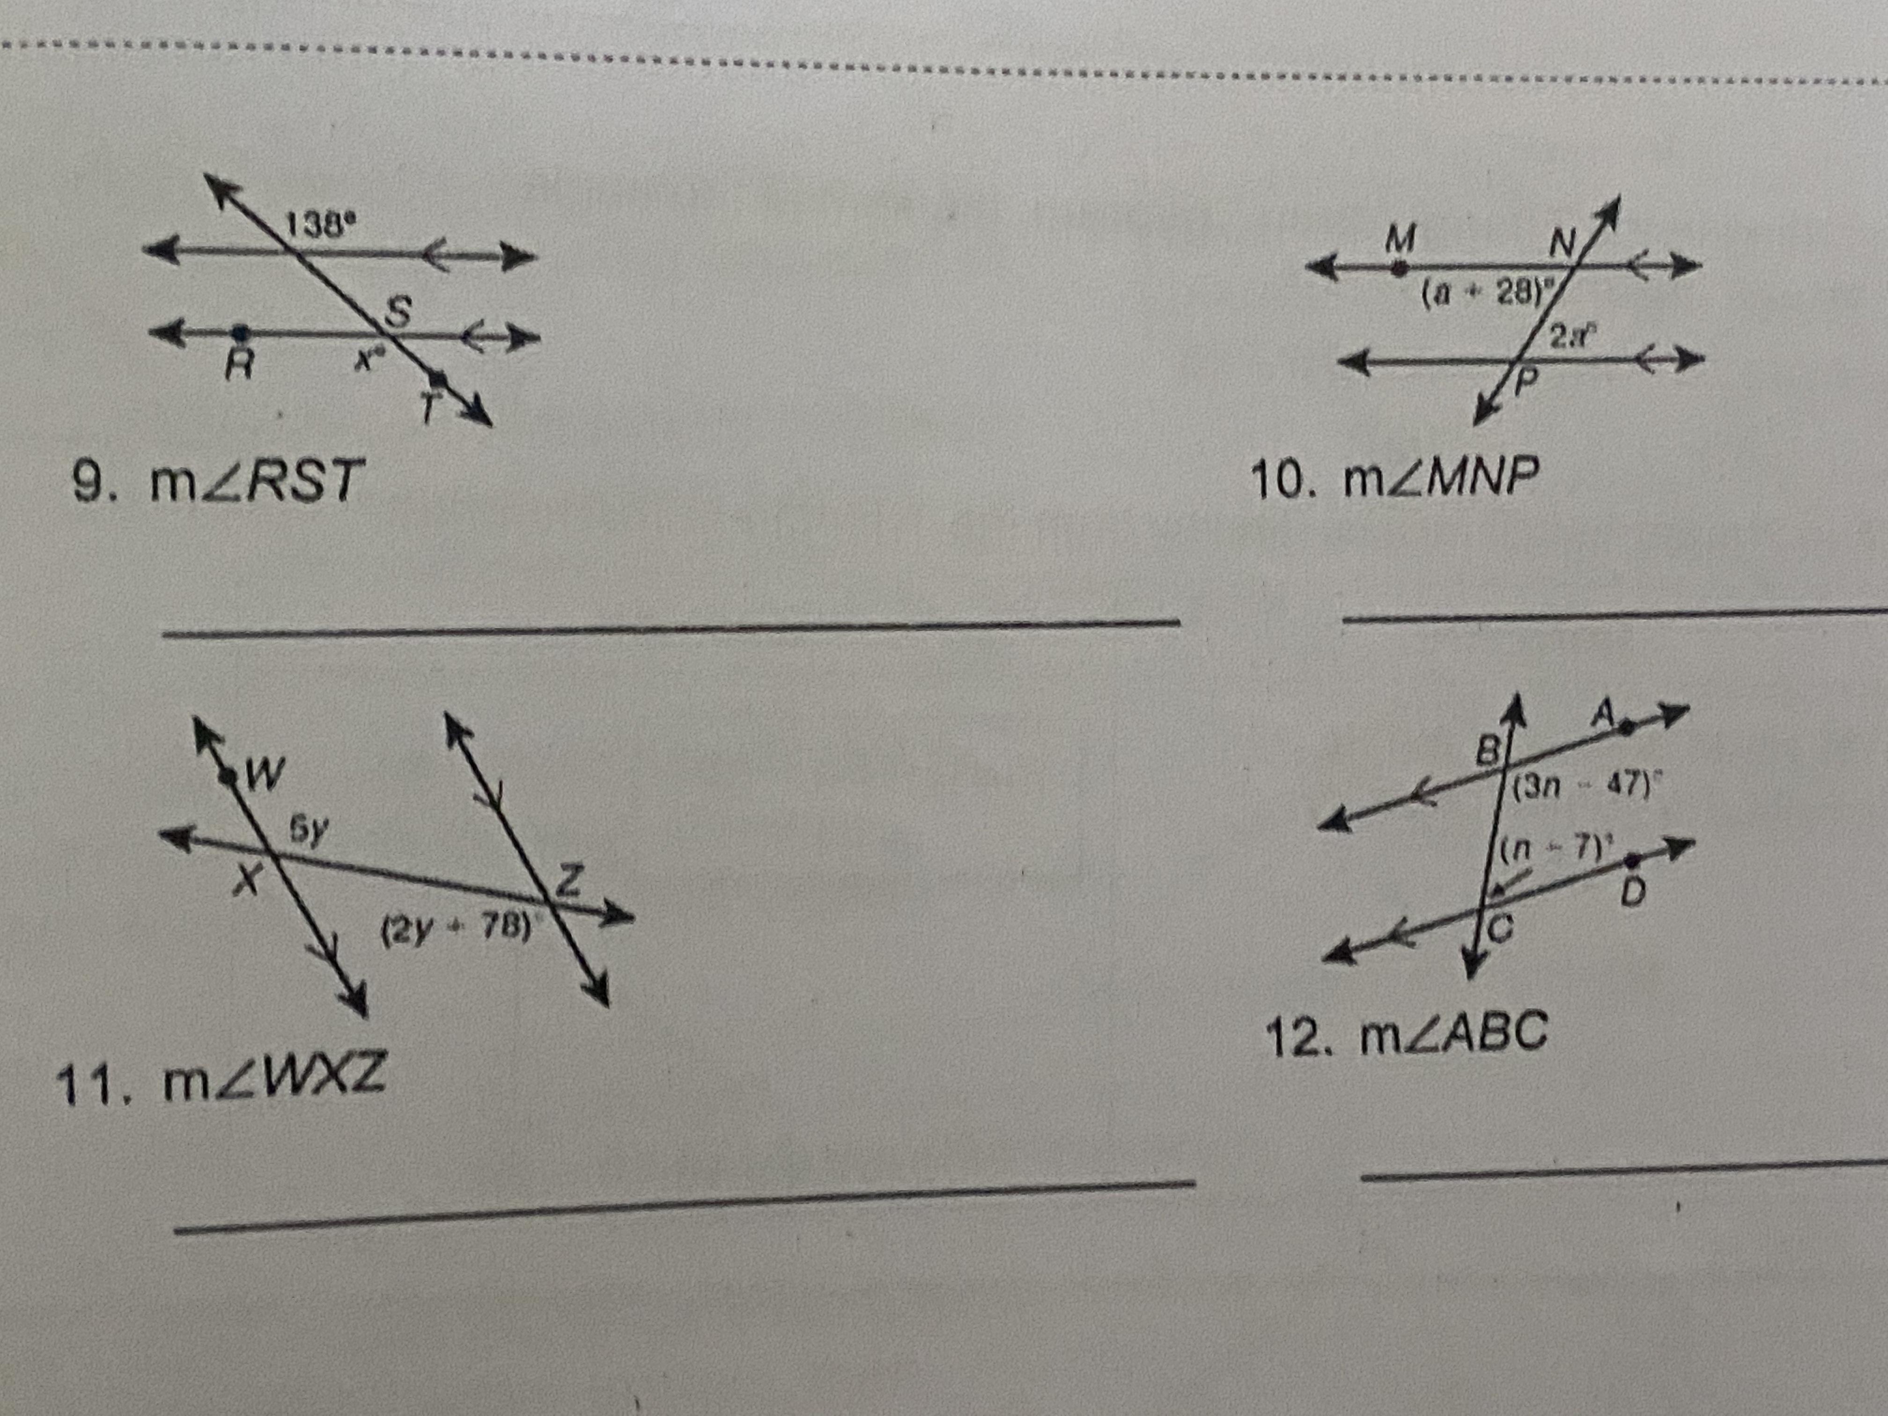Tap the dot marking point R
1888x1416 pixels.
[242, 330]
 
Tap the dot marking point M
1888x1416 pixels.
[1398, 268]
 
